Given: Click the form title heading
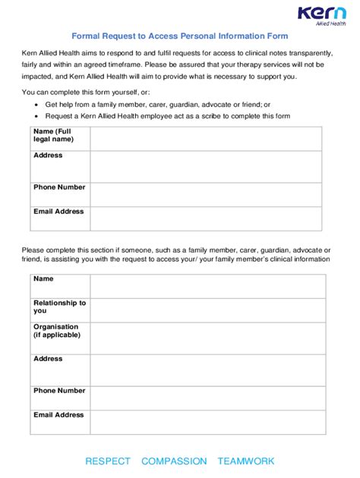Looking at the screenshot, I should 180,36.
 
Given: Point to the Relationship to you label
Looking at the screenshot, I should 59,307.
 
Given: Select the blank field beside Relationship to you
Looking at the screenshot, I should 207,310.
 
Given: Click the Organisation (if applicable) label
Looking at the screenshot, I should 57,331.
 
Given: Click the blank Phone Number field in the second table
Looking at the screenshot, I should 207,398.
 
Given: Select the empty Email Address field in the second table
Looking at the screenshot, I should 207,422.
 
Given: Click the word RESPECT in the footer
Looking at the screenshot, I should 108,461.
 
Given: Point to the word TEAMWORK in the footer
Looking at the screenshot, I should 246,461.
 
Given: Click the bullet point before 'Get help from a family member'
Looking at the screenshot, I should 37,104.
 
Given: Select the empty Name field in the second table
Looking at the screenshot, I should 207,285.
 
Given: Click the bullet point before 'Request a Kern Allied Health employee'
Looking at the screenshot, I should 37,116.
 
